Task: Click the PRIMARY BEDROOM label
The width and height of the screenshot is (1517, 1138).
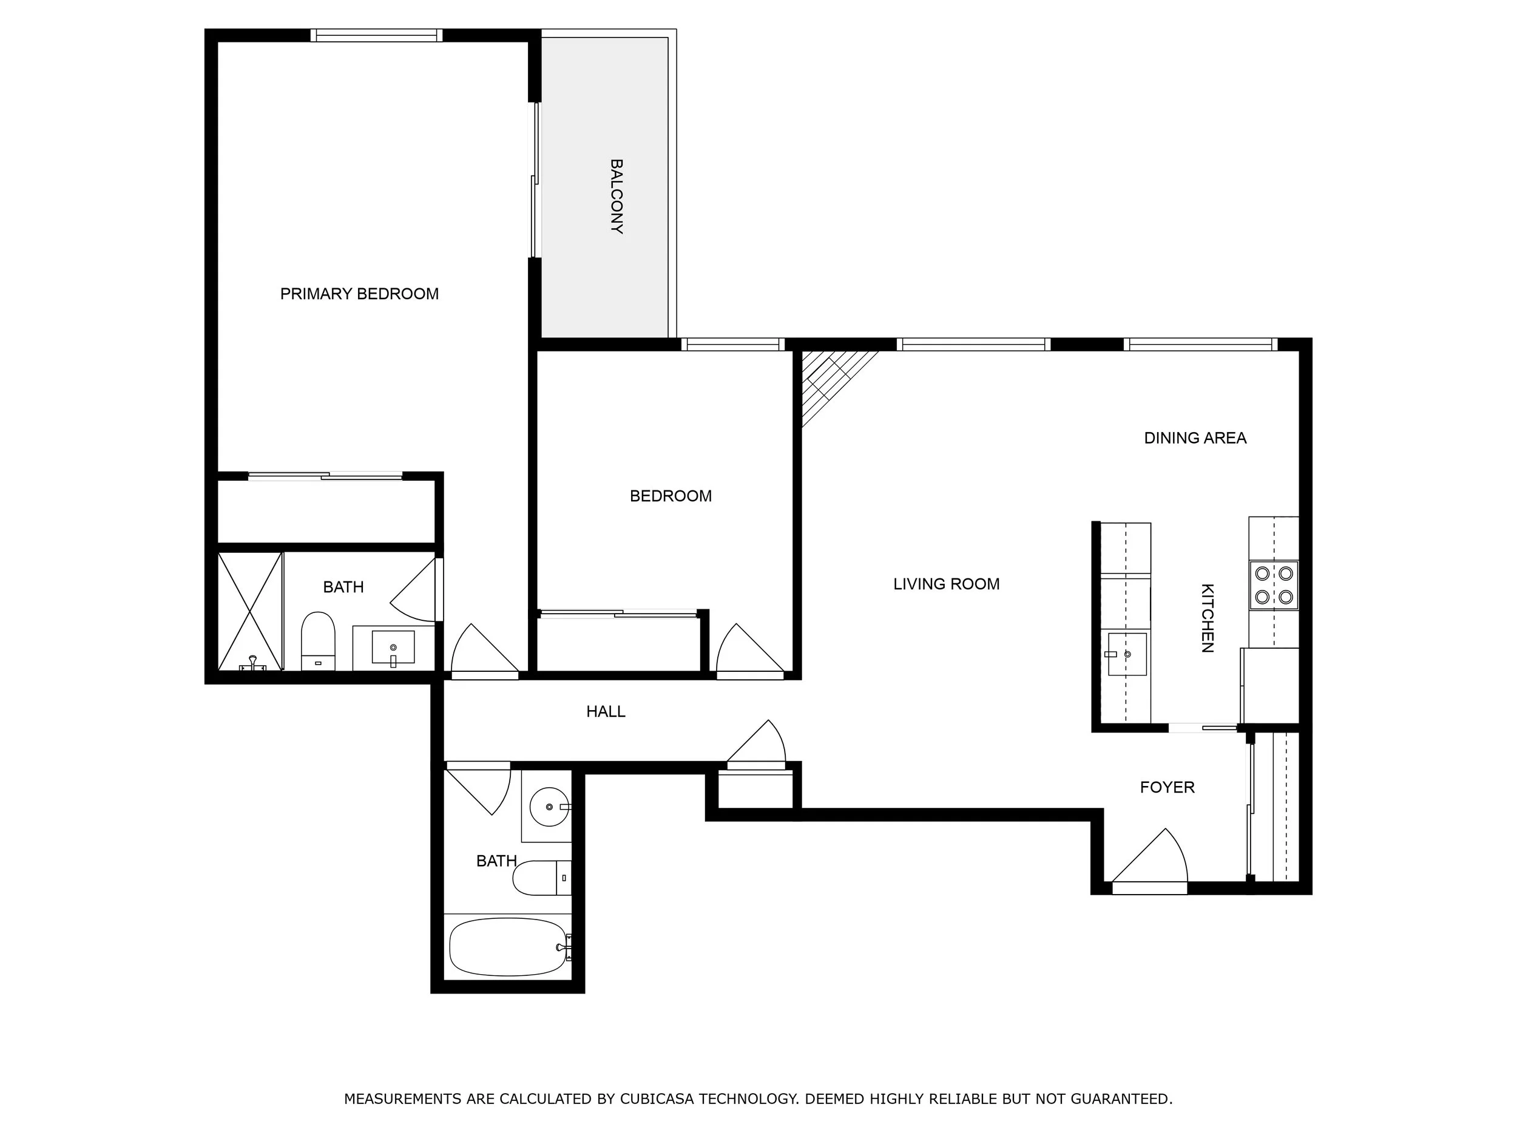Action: coord(359,294)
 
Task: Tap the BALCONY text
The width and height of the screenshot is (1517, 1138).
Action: coord(617,197)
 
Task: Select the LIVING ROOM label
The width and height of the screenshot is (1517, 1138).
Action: coord(946,584)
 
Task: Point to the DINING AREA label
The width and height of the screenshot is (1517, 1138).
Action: coord(1195,438)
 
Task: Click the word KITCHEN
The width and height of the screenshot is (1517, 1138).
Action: coord(1208,617)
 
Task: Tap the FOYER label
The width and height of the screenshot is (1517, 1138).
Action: coord(1166,787)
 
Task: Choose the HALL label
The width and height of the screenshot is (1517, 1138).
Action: coord(606,711)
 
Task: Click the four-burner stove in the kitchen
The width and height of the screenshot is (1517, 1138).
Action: coord(1274,585)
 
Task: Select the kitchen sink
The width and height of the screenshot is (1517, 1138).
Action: coord(1127,654)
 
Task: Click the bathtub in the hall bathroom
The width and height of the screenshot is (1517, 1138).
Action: coord(507,947)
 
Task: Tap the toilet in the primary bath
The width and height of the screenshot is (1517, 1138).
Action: coord(318,641)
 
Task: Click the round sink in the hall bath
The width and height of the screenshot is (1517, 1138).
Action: coord(549,807)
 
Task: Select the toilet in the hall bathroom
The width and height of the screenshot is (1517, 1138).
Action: coord(541,878)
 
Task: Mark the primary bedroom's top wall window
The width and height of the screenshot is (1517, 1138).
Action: coord(376,35)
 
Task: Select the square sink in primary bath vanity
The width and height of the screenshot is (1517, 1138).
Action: coord(393,647)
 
